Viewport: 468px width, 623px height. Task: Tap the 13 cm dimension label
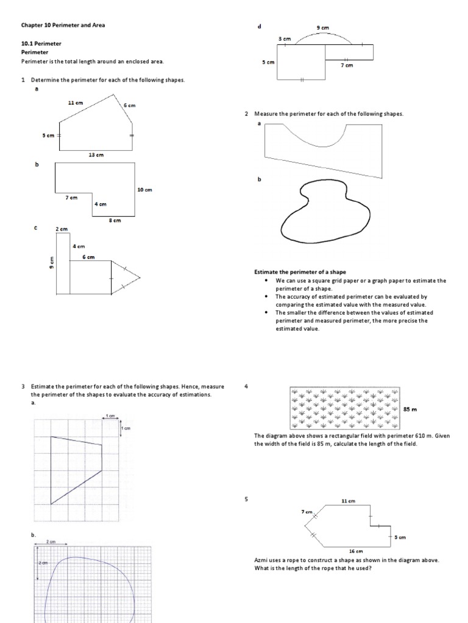(x=96, y=155)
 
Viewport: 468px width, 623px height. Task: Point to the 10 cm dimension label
(x=144, y=190)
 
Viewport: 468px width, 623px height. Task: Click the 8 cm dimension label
(x=114, y=220)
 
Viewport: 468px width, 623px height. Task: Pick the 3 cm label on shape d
(x=285, y=39)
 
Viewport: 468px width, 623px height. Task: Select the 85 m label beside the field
(x=409, y=409)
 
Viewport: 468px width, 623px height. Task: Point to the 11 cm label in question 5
(x=348, y=501)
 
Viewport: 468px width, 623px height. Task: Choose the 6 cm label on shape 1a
(x=129, y=105)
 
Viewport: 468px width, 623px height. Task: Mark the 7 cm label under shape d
(x=346, y=65)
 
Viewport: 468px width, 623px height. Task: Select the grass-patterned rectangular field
(x=344, y=409)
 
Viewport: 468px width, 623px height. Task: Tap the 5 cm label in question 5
(x=400, y=537)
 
